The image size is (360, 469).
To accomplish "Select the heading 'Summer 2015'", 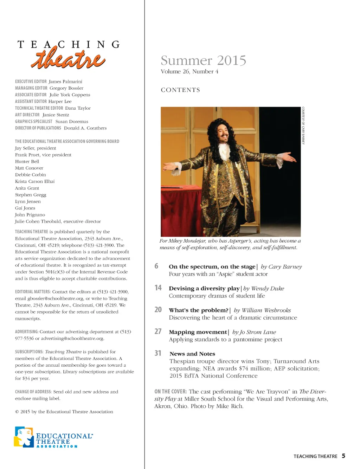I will click(203, 60).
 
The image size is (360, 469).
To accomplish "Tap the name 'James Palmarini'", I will click(65, 82).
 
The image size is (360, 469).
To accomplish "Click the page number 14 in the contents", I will click(158, 288).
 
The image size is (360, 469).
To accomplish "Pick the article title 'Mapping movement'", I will click(198, 332).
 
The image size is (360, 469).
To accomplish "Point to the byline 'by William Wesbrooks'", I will click(262, 310).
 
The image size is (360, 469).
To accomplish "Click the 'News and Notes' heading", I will click(192, 354).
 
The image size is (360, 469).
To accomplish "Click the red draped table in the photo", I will click(181, 207).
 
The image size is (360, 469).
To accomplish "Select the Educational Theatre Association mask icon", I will click(24, 437).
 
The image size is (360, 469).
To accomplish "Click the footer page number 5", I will click(343, 456).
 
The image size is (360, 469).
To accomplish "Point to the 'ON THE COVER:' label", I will click(171, 392).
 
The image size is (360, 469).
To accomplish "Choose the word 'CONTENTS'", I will click(180, 90).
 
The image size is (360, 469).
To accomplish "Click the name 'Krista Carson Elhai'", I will click(35, 181).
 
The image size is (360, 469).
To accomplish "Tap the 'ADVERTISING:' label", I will click(27, 332).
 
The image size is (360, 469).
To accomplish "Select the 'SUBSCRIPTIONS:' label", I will click(29, 352).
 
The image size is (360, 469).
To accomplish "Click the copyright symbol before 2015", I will click(17, 412).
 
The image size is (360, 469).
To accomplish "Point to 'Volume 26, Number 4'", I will click(189, 72).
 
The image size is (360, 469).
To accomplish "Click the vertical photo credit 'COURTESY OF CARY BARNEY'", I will click(303, 126).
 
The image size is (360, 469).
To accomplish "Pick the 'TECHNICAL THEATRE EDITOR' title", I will click(39, 108).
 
